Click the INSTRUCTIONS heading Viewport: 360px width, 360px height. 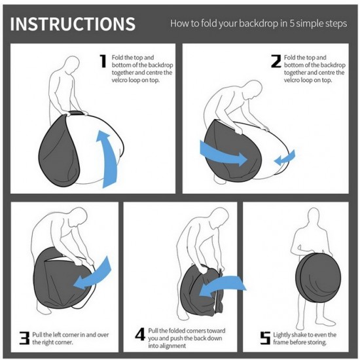click(x=73, y=24)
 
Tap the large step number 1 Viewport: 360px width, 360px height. click(x=103, y=61)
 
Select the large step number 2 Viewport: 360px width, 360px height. click(x=276, y=61)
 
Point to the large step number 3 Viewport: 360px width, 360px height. click(x=25, y=338)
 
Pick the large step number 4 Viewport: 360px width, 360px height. click(x=140, y=334)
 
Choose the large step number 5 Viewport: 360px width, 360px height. click(x=265, y=338)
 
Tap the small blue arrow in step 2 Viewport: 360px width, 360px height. click(x=285, y=158)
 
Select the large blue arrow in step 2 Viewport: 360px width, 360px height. click(x=223, y=154)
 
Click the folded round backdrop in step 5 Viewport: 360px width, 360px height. click(x=318, y=278)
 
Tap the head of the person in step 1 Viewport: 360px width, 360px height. click(x=72, y=65)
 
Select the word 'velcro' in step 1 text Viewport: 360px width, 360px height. click(x=120, y=80)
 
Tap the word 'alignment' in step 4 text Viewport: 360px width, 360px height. click(x=167, y=346)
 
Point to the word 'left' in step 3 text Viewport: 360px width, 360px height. click(x=56, y=334)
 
